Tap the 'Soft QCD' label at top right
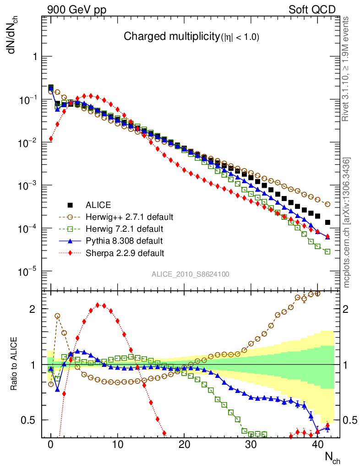[312, 10]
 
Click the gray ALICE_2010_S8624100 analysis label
[191, 274]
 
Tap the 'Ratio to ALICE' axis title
[14, 365]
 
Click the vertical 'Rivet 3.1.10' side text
[346, 69]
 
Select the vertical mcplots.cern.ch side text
[346, 222]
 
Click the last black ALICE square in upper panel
[327, 223]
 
